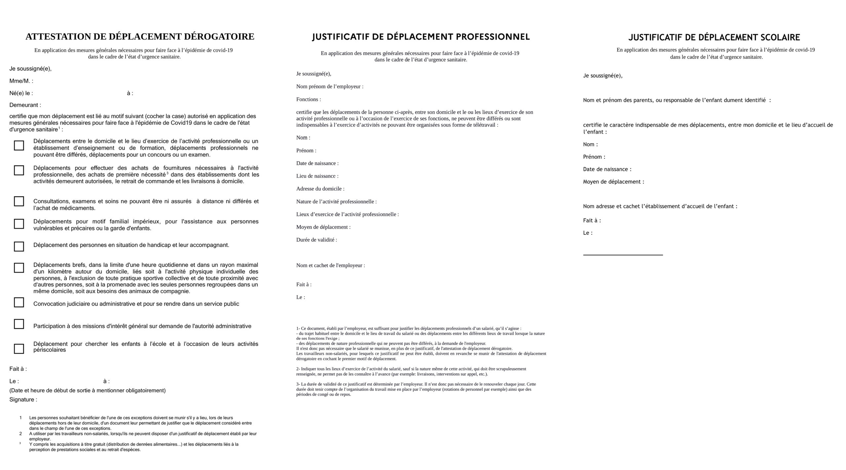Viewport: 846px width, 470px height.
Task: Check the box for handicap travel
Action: [19, 247]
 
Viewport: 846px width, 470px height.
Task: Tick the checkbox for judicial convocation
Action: [19, 302]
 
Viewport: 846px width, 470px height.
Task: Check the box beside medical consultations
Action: [19, 201]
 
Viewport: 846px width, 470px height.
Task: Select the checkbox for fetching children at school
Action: [19, 349]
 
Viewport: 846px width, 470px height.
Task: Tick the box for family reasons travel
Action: [19, 224]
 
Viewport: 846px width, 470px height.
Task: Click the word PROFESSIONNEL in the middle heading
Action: [493, 37]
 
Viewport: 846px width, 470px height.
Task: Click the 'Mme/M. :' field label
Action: [21, 81]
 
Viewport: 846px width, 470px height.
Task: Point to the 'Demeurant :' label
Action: [25, 105]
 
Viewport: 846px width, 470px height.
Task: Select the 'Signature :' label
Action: [23, 400]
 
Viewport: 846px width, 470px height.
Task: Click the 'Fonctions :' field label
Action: [308, 99]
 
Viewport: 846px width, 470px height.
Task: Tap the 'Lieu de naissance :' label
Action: [317, 176]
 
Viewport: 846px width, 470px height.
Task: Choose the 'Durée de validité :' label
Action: [317, 240]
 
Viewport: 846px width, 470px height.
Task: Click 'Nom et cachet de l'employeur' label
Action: [330, 265]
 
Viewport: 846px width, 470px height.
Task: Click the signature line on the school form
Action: [623, 255]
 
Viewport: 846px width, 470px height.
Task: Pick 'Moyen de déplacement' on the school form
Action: [613, 182]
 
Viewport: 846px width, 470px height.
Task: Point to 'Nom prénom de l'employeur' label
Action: [329, 87]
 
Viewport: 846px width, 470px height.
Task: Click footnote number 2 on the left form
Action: [20, 434]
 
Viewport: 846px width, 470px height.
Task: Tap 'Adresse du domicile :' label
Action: [320, 189]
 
